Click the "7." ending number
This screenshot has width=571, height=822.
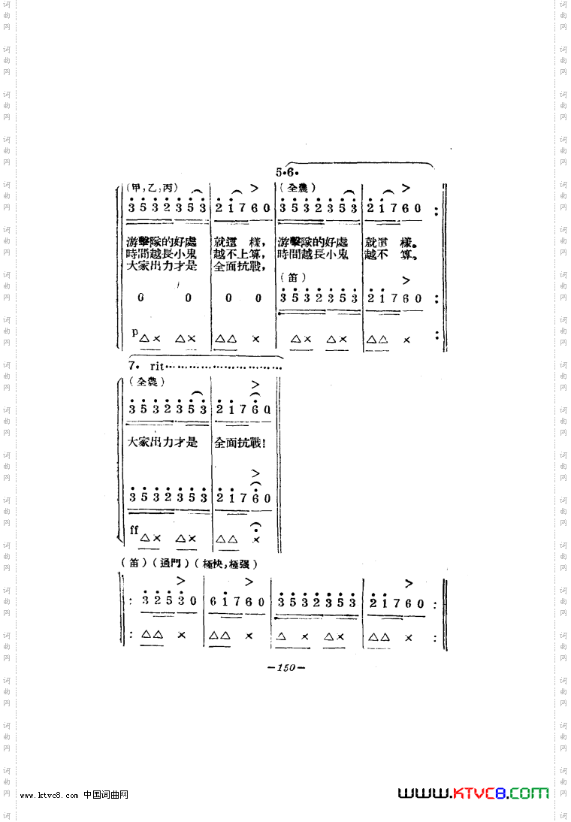(133, 365)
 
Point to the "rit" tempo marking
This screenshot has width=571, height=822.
(156, 365)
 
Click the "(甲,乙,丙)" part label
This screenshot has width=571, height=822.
(150, 188)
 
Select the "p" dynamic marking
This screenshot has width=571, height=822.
(134, 331)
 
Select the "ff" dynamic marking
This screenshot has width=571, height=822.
(134, 530)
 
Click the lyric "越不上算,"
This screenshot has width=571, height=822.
(239, 255)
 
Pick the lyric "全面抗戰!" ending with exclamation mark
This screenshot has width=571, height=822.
(240, 443)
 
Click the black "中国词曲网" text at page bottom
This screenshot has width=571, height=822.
(106, 795)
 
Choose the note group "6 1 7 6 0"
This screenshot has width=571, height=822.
(237, 602)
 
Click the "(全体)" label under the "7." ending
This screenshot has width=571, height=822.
(147, 382)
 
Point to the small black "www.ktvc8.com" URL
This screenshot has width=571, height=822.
(49, 796)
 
